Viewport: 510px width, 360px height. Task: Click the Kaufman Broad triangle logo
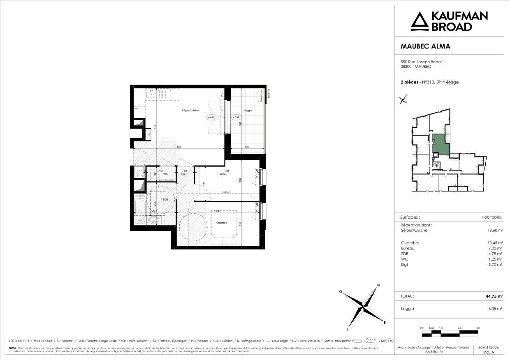click(420, 21)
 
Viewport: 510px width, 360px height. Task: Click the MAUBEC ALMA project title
click(425, 46)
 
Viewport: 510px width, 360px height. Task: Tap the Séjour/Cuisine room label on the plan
click(191, 111)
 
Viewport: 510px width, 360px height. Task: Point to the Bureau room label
click(223, 174)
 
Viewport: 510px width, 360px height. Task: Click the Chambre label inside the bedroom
click(222, 223)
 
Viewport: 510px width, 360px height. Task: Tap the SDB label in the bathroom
click(165, 200)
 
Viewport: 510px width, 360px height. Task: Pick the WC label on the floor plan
click(165, 174)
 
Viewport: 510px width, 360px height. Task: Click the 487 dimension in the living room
click(179, 147)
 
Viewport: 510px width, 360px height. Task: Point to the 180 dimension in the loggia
click(247, 147)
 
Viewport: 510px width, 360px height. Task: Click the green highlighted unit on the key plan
click(440, 144)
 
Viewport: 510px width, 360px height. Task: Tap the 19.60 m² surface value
click(495, 231)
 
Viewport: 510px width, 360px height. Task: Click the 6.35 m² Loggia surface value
click(495, 309)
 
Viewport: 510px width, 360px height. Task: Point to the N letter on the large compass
click(378, 286)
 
